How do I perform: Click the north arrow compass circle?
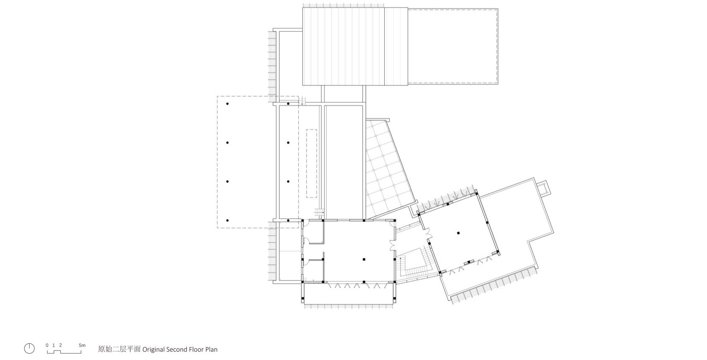coord(29,348)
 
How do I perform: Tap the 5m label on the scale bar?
coord(82,345)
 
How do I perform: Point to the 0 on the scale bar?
coord(47,345)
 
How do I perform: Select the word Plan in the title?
coord(211,350)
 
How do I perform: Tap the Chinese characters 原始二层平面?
coord(119,350)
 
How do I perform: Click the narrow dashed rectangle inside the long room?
coord(312,163)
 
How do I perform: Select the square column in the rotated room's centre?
coord(458,233)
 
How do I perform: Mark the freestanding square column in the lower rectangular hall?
coord(364,259)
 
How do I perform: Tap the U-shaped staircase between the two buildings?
coord(413,263)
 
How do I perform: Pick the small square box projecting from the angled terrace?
coord(543,188)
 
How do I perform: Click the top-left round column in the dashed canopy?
coord(227,104)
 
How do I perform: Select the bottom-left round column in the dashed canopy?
coord(227,221)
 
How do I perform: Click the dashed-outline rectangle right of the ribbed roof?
coord(453,46)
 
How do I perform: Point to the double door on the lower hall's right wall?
coord(393,245)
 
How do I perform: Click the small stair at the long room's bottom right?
coord(319,213)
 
